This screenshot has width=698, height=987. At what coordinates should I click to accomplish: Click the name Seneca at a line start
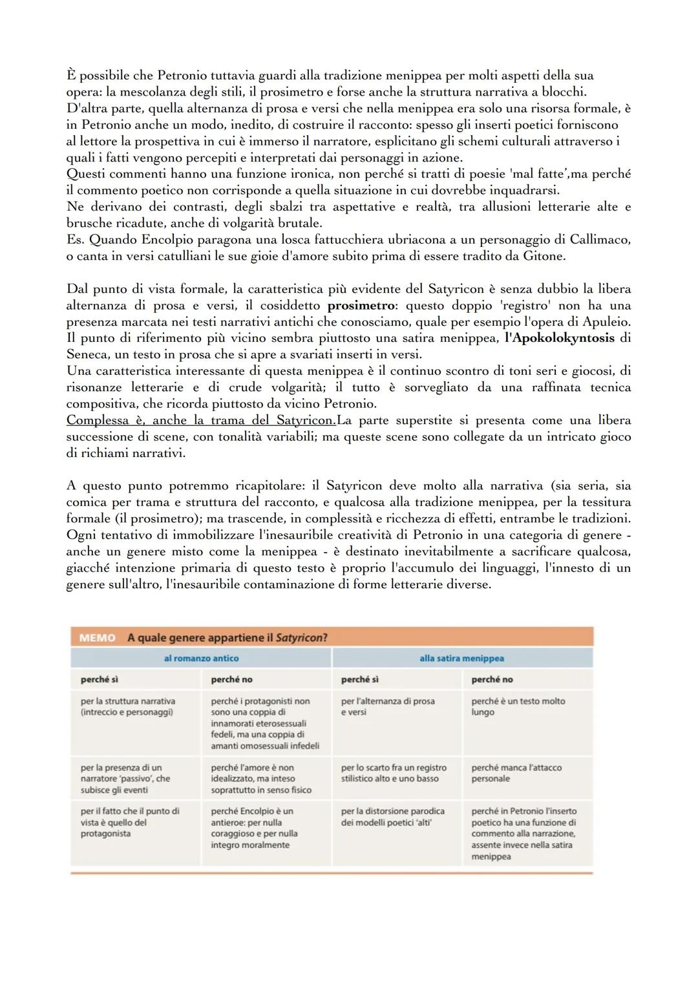point(88,354)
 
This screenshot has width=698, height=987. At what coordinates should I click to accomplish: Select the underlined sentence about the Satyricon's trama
point(200,420)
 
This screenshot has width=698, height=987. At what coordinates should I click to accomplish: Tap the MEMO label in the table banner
point(97,638)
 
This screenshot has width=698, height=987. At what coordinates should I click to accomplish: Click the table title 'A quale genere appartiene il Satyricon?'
point(227,638)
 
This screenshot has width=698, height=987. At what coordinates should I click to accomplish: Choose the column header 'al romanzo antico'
point(201,658)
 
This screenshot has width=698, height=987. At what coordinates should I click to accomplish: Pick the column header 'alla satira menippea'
point(461,658)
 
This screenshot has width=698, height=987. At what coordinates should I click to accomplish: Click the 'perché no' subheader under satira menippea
point(492,679)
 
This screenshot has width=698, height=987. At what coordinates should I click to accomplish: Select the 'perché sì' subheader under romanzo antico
point(99,679)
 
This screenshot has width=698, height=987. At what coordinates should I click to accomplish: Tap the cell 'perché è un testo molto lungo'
point(518,706)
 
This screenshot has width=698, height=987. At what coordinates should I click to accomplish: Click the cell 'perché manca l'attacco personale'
point(516,773)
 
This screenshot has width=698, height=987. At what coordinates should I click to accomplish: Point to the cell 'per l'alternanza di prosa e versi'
point(388,706)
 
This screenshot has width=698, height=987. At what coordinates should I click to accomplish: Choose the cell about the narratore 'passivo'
point(126,778)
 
